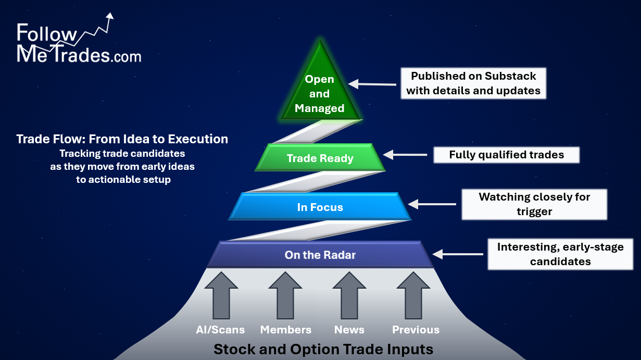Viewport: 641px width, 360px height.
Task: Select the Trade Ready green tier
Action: (x=320, y=158)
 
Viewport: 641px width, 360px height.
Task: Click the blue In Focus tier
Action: (x=320, y=207)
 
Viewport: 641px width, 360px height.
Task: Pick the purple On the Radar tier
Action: (x=320, y=255)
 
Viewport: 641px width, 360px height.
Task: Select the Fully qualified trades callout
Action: (x=506, y=155)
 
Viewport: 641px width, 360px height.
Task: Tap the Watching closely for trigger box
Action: (x=534, y=204)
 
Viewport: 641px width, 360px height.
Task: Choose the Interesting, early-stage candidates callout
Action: (x=560, y=254)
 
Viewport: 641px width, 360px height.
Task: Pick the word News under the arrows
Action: (x=349, y=330)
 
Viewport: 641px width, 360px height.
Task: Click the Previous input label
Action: (x=416, y=330)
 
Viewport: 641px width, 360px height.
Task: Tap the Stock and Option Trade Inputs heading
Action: (x=323, y=349)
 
